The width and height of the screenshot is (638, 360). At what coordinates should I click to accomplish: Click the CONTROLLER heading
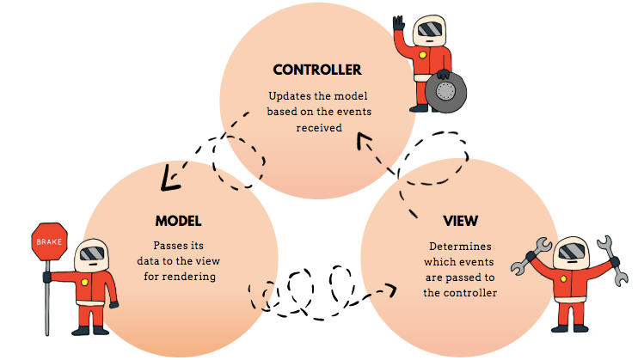(316, 70)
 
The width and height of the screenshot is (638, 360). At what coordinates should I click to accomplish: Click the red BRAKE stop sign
(48, 242)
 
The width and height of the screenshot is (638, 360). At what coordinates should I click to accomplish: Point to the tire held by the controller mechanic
(445, 89)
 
